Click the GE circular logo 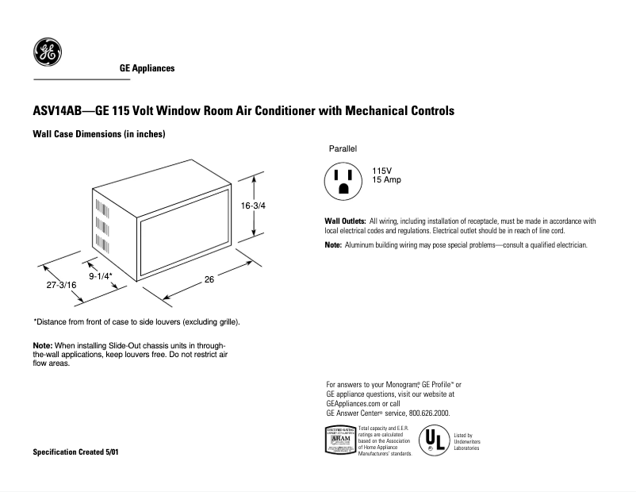coord(48,53)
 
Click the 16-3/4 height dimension coord(253,206)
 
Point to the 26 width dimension coord(209,279)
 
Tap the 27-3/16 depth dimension coord(60,285)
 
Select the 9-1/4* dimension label coord(100,275)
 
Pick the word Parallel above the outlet coord(343,149)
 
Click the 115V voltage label coord(383,171)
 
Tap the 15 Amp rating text coord(387,180)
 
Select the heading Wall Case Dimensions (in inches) coord(98,135)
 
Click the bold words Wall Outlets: coord(345,221)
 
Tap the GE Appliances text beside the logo coord(141,69)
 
